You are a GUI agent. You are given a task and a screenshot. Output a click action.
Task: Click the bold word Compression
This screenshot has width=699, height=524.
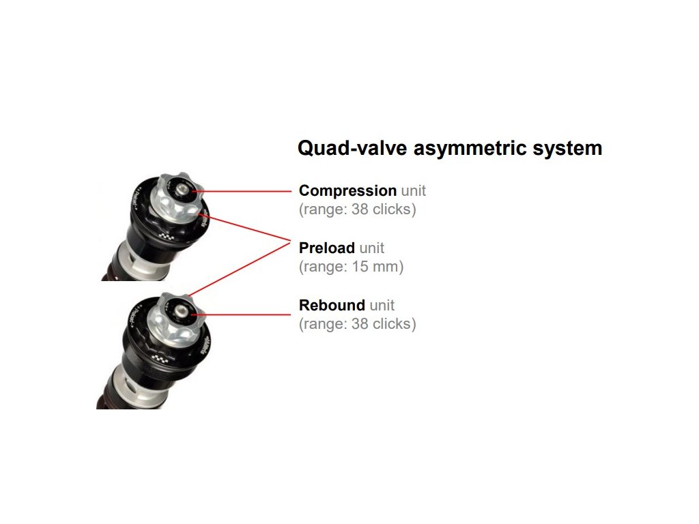tap(347, 191)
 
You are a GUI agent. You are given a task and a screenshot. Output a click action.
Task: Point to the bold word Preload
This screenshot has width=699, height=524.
tap(327, 248)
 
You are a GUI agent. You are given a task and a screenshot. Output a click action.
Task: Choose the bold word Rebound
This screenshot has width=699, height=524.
tap(332, 306)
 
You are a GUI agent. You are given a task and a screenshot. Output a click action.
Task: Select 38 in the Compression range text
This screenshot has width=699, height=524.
tap(360, 209)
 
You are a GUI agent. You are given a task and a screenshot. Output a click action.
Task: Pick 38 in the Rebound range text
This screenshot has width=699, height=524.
tap(360, 324)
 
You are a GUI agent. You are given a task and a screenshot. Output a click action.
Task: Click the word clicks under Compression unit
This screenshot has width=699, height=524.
tap(392, 209)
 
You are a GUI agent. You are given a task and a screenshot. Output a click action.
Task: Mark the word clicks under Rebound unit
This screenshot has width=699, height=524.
tap(392, 324)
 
